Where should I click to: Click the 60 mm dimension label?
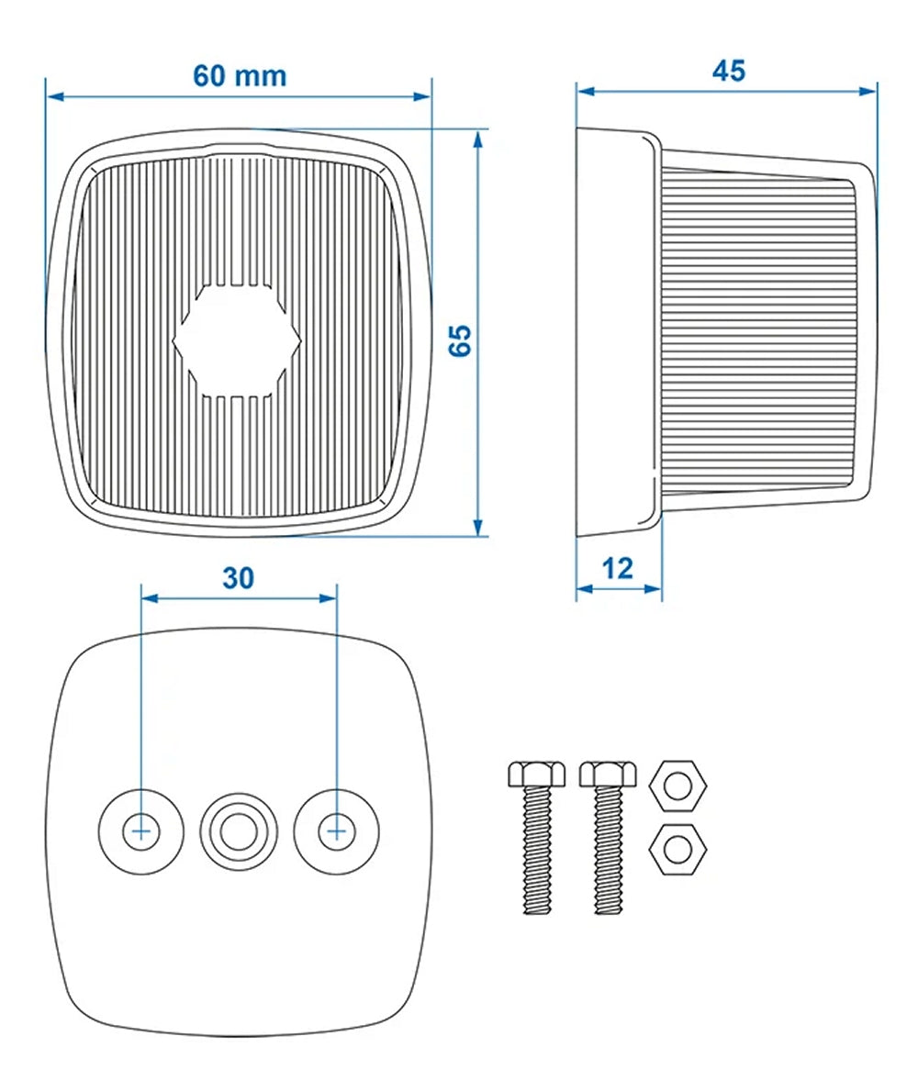(x=240, y=76)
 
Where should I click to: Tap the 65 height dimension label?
(x=460, y=341)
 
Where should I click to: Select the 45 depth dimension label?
(x=729, y=71)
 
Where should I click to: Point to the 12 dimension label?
(x=617, y=569)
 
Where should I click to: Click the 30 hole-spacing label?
(x=238, y=578)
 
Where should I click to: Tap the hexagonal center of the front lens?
(x=237, y=340)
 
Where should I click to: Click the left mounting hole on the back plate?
(x=141, y=830)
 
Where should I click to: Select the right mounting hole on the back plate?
(x=337, y=830)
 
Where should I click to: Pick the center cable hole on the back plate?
(x=239, y=830)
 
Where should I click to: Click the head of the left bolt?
(x=536, y=774)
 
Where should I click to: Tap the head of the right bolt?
(x=608, y=774)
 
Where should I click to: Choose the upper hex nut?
(x=677, y=786)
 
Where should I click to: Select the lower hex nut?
(x=677, y=850)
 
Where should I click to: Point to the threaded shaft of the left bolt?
(x=536, y=851)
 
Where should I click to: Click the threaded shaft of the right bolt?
(x=608, y=851)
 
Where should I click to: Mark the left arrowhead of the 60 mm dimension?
(x=54, y=96)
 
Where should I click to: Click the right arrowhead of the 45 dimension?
(x=868, y=91)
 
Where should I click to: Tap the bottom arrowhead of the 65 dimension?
(x=477, y=528)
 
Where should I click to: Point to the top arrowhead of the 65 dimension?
(x=477, y=139)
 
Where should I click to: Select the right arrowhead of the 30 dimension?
(x=328, y=597)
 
